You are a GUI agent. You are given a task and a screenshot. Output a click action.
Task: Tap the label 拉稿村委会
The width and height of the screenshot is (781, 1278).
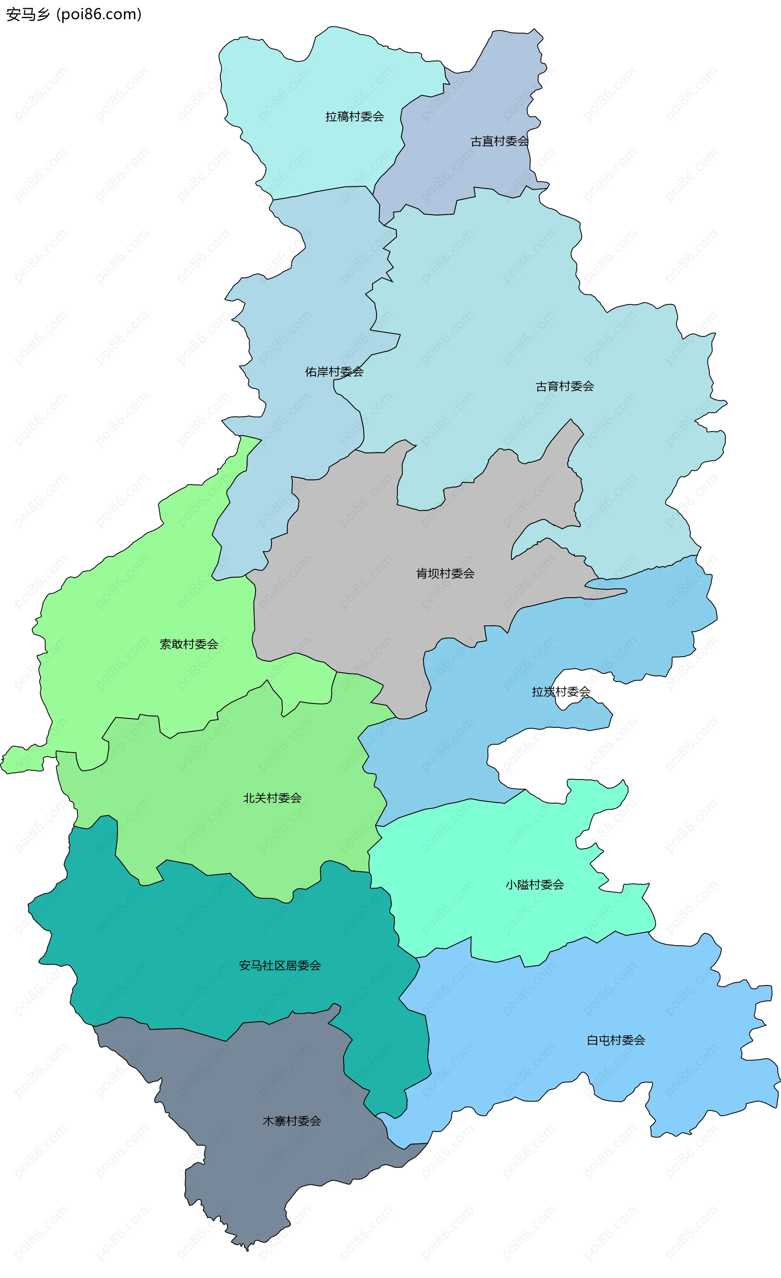tap(354, 117)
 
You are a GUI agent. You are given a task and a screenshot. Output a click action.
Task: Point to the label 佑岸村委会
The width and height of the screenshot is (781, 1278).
tap(334, 371)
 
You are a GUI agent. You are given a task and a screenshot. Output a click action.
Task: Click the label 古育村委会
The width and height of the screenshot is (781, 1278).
tap(564, 386)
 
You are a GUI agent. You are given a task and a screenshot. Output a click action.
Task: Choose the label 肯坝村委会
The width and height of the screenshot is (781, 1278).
tap(445, 573)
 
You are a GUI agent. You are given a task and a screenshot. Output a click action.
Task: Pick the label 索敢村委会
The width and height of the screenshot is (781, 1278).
tap(189, 644)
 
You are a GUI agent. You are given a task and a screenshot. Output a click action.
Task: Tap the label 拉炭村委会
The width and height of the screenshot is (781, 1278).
tap(561, 691)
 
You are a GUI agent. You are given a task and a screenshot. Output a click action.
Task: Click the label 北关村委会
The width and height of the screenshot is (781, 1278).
tap(272, 798)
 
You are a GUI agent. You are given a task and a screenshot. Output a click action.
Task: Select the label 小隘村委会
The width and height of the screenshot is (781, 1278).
tap(534, 884)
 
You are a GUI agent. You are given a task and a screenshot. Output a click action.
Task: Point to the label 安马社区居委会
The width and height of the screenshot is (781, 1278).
tap(279, 965)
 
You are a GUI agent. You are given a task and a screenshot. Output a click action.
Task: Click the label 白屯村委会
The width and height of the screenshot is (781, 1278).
tap(615, 1040)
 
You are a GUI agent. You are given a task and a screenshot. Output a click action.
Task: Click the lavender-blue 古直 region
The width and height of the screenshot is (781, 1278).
tap(467, 166)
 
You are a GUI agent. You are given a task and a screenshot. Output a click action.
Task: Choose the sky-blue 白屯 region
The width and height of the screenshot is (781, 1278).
tap(545, 1038)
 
